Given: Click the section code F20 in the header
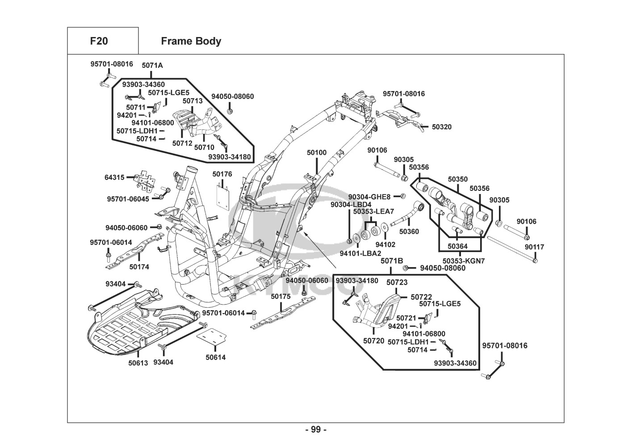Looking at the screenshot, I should tap(99, 41).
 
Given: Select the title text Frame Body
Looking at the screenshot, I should tap(191, 41).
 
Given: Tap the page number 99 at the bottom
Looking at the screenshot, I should tap(316, 429).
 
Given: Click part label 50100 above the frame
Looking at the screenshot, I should tap(317, 153).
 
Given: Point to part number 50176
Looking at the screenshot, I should tap(222, 174).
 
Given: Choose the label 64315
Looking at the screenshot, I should tap(114, 178).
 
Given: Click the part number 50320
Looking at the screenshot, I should tap(441, 127).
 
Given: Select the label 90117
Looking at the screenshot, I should tap(534, 247).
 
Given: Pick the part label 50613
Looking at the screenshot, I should tap(138, 363).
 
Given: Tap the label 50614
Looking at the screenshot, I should tap(215, 357).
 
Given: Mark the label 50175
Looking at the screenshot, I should tap(280, 296).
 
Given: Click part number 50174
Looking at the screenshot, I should tap(139, 267).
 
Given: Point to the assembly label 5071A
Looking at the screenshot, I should tap(152, 66).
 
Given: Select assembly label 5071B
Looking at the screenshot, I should tap(392, 260).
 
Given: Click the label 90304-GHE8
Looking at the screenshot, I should tap(369, 197).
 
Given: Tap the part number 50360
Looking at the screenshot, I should tap(409, 231).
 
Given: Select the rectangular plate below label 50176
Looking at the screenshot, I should tap(224, 195).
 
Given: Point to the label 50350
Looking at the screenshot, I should tap(458, 179).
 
